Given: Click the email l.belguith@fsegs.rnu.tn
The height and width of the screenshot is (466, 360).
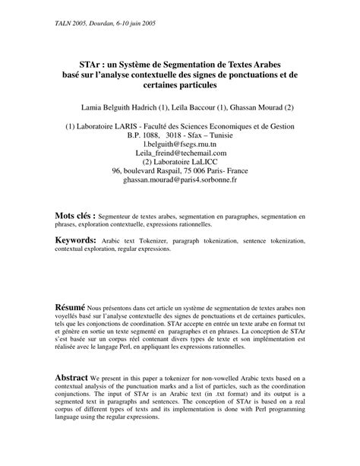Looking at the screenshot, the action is (180, 142).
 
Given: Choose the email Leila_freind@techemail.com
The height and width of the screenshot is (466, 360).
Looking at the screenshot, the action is (179, 151).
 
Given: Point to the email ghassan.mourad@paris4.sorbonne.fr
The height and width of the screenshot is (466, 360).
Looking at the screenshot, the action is (180, 180).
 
